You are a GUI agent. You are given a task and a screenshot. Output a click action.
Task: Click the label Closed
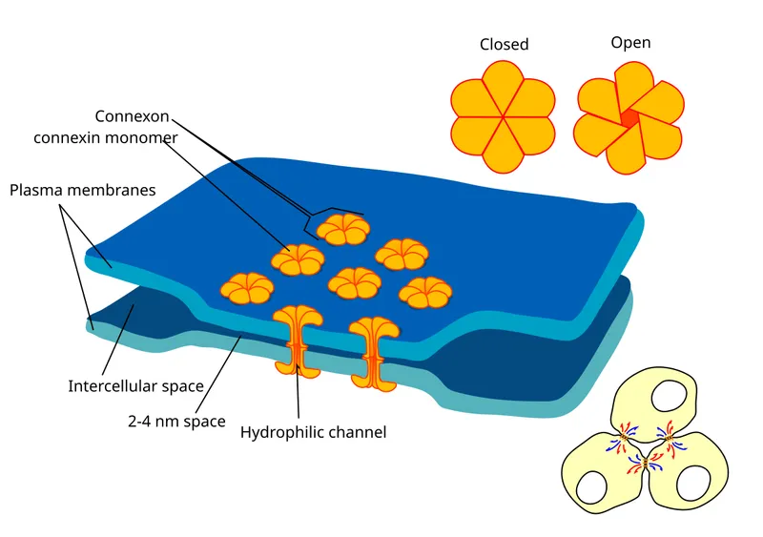[x=504, y=44]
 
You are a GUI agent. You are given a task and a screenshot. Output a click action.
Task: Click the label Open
[x=630, y=42]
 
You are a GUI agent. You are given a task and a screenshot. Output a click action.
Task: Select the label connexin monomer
[x=106, y=137]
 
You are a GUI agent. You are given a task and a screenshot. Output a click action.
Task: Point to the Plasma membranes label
[x=82, y=190]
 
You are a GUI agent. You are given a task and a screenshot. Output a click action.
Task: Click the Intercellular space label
[x=135, y=386]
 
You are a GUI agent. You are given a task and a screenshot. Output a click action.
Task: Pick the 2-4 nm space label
[x=175, y=420]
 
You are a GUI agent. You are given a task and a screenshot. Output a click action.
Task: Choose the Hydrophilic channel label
[x=313, y=432]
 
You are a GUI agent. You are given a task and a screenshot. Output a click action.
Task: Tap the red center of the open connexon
[x=629, y=116]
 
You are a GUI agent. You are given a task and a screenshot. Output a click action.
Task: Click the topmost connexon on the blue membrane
[x=343, y=229]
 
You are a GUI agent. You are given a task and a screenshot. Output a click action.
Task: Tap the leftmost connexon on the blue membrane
[x=247, y=287]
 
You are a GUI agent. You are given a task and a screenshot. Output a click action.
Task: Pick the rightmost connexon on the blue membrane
[x=424, y=292]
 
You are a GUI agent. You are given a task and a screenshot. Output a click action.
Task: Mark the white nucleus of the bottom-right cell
[x=691, y=485]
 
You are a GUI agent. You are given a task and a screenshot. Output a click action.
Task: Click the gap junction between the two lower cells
[x=645, y=465]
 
